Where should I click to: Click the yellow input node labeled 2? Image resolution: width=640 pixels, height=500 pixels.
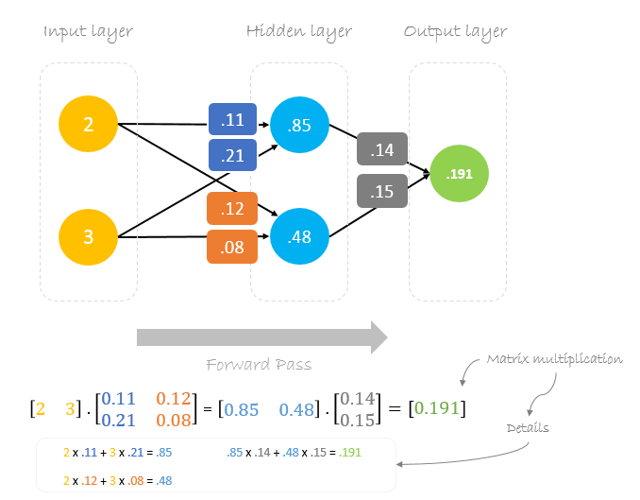pos(88,125)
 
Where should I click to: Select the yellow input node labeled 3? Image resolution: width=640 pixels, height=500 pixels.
pos(88,236)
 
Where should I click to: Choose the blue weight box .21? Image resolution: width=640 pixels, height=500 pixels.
pos(232,155)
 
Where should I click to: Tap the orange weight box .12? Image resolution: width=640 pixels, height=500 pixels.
pos(232,208)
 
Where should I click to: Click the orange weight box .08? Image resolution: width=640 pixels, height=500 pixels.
pos(232,246)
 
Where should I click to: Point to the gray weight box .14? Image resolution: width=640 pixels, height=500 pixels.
pos(382,149)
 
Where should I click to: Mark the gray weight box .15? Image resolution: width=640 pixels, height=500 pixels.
pos(382,191)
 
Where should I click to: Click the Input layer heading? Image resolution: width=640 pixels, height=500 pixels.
pos(88,32)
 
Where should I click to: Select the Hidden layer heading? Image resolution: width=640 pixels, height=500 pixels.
pos(299,32)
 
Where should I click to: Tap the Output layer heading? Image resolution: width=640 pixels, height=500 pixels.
pos(456,32)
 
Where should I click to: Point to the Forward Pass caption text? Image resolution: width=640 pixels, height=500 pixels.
pos(259,365)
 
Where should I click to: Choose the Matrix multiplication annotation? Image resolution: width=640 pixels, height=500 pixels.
pos(554,360)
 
